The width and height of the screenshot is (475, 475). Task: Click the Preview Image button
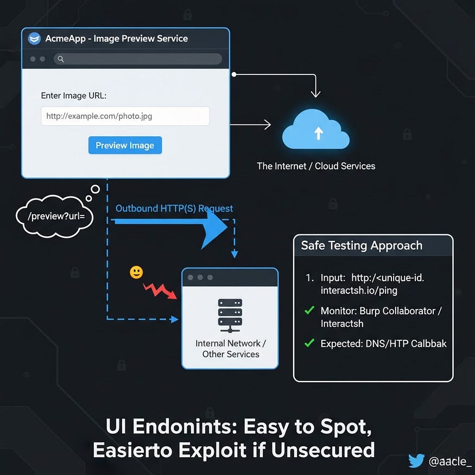point(125,145)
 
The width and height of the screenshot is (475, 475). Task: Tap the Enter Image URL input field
point(125,116)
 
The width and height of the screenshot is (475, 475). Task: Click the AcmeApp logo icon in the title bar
point(35,39)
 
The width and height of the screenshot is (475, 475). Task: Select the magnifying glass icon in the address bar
point(61,59)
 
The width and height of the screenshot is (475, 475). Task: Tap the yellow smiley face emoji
point(136,273)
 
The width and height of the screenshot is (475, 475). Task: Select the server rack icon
point(230,315)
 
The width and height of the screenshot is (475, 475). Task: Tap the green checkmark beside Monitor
point(309,311)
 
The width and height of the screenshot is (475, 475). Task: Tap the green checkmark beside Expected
point(309,343)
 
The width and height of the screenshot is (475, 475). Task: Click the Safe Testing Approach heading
point(362,245)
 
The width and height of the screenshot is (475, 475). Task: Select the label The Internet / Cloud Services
point(316,166)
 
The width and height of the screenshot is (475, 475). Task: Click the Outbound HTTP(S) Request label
point(174,208)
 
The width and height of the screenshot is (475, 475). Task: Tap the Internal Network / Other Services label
point(231,349)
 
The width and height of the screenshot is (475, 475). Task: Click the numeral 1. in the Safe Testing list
point(310,278)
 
